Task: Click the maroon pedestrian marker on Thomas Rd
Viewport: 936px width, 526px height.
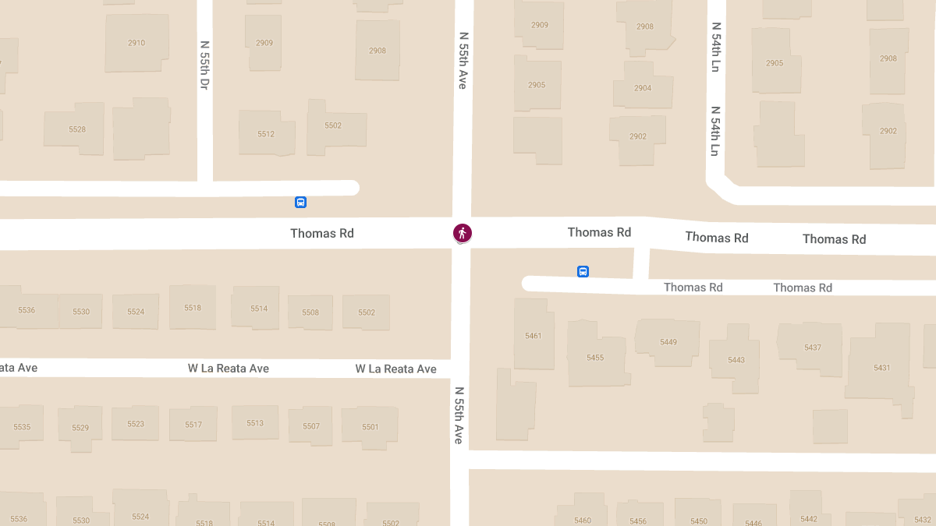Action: tap(463, 232)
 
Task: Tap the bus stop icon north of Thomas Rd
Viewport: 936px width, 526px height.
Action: tap(300, 203)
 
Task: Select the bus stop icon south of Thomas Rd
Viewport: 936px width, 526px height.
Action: tap(583, 271)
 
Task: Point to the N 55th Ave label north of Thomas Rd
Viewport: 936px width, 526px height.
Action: tap(463, 60)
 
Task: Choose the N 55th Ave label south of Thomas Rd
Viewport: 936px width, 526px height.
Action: tap(459, 415)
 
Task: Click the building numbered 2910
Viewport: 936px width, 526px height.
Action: tap(136, 43)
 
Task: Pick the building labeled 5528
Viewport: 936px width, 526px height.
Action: tap(77, 129)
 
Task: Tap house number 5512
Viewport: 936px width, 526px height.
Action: tap(266, 134)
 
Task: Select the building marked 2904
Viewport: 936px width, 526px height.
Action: tap(642, 88)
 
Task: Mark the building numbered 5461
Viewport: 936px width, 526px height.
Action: tap(534, 336)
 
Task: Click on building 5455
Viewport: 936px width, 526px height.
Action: tap(595, 358)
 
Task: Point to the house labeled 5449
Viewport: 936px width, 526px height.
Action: tap(668, 342)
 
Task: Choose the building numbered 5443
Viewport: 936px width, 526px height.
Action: tap(736, 359)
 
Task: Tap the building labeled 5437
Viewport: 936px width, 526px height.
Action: tap(812, 348)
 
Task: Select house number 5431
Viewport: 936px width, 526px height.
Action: tap(881, 367)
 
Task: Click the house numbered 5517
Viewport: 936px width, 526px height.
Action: tap(193, 425)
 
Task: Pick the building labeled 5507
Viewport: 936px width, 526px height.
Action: tap(311, 426)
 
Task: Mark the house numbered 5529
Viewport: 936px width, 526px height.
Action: tap(80, 428)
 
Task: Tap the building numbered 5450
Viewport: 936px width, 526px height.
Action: tap(698, 521)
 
